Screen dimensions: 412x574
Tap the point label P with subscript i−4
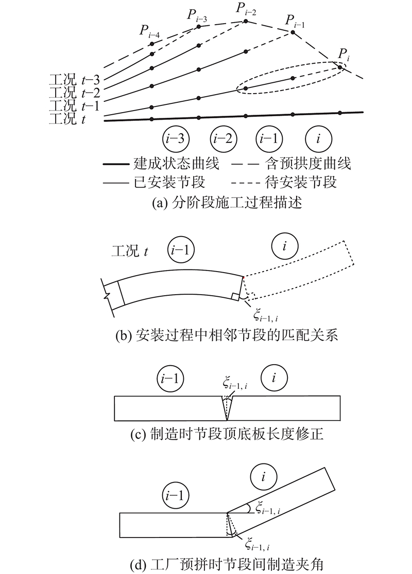pyautogui.click(x=149, y=31)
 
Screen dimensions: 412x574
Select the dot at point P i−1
pyautogui.click(x=293, y=32)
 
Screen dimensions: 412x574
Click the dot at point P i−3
pyautogui.click(x=199, y=27)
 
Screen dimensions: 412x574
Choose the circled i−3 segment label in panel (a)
pyautogui.click(x=176, y=139)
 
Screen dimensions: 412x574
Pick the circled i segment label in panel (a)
pyautogui.click(x=318, y=139)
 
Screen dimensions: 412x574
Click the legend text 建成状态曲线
pyautogui.click(x=176, y=163)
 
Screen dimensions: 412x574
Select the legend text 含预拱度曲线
pyautogui.click(x=308, y=163)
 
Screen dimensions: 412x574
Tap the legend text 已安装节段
pyautogui.click(x=169, y=182)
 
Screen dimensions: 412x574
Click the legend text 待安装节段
pyautogui.click(x=301, y=182)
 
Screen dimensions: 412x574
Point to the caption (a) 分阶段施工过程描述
pyautogui.click(x=227, y=202)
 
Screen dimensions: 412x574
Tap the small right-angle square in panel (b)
pyautogui.click(x=235, y=297)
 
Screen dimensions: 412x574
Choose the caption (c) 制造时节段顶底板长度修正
pyautogui.click(x=227, y=434)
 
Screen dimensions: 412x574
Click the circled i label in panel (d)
pyautogui.click(x=263, y=477)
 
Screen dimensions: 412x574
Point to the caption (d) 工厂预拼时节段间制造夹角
pyautogui.click(x=227, y=564)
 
